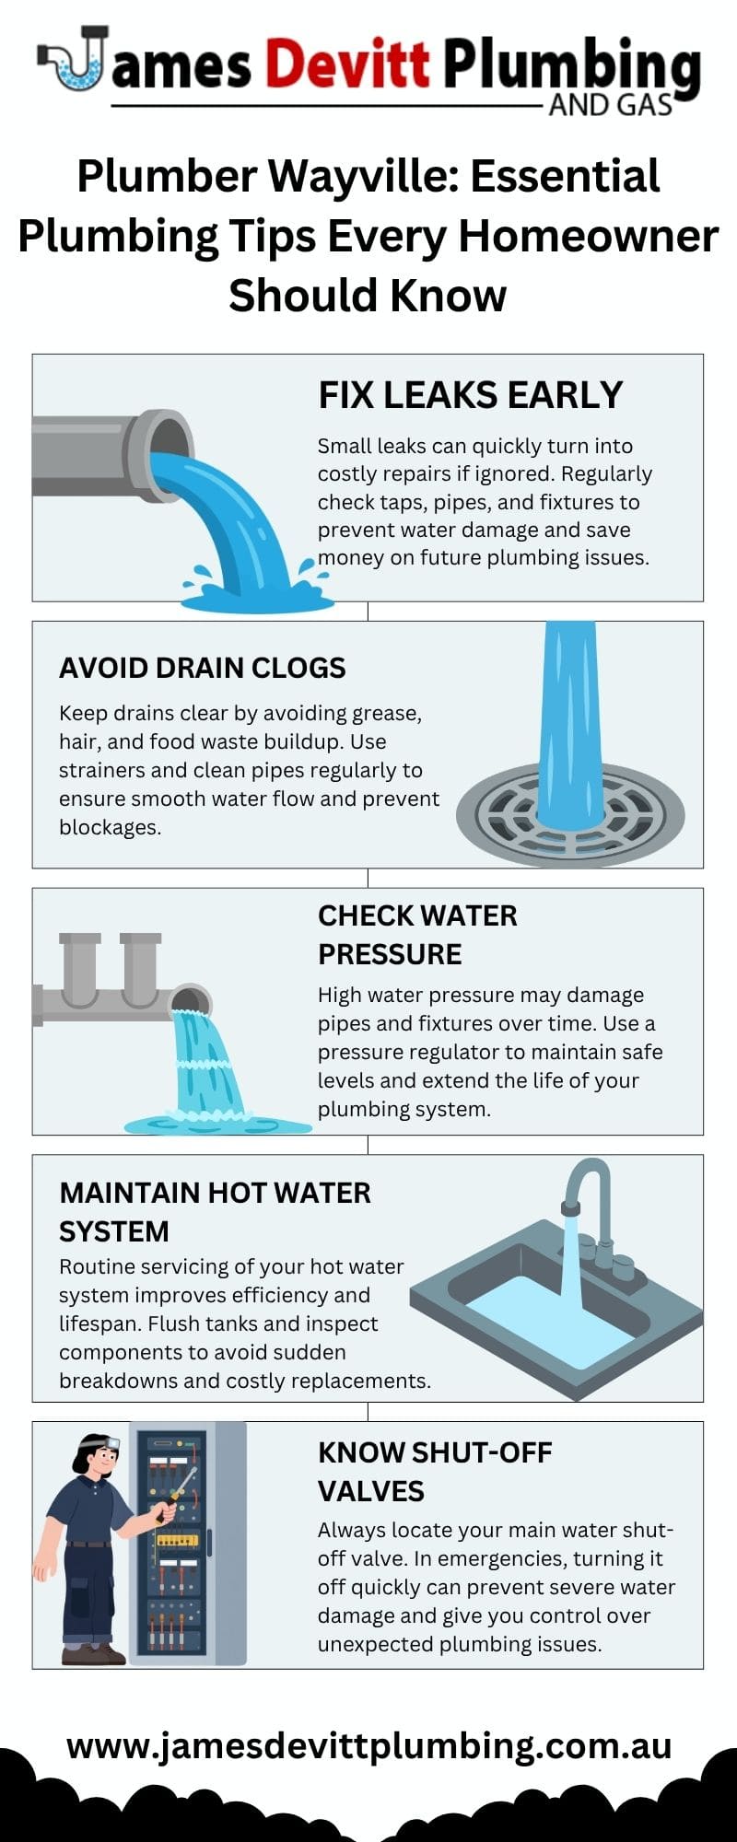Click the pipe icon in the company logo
tap(72, 59)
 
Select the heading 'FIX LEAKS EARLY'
tap(471, 395)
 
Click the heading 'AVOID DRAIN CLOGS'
tap(203, 668)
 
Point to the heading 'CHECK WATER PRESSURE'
tap(417, 935)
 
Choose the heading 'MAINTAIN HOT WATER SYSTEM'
tap(215, 1212)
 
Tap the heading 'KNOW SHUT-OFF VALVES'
tap(435, 1472)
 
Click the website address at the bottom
tap(368, 1745)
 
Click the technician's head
tap(96, 1456)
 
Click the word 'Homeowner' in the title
tap(588, 236)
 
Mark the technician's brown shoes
tap(93, 1654)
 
